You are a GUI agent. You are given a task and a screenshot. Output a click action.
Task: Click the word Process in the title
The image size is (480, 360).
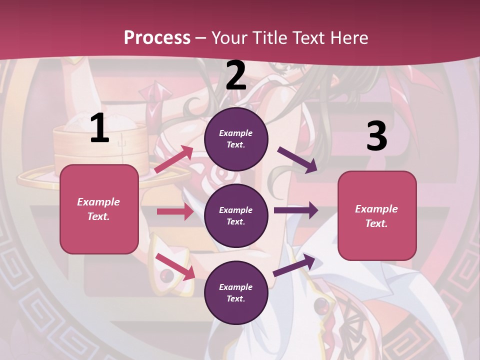click(157, 38)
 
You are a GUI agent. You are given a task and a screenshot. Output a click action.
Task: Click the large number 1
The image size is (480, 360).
click(99, 128)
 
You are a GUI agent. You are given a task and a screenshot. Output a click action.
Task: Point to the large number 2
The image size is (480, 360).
click(236, 75)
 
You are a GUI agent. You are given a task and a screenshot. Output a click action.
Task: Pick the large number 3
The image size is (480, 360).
click(376, 136)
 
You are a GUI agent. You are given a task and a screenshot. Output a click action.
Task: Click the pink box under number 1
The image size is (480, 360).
click(99, 209)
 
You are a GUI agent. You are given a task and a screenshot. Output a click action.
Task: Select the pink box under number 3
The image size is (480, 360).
click(377, 216)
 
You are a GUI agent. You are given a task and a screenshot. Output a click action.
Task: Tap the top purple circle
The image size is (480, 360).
click(236, 139)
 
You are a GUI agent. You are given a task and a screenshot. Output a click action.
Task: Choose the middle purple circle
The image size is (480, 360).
click(236, 216)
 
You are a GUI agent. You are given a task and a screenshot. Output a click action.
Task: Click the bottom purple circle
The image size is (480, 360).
click(236, 293)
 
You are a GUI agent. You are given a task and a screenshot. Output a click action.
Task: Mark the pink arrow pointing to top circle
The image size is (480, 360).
click(174, 159)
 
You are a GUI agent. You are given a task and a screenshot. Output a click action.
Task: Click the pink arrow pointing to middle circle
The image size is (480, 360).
click(175, 211)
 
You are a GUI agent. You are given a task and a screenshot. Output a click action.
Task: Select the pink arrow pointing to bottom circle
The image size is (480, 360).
click(175, 266)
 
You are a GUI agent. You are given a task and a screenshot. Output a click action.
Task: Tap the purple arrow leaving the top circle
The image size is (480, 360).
click(297, 160)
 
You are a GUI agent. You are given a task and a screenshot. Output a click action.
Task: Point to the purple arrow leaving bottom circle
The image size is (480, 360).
click(294, 265)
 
